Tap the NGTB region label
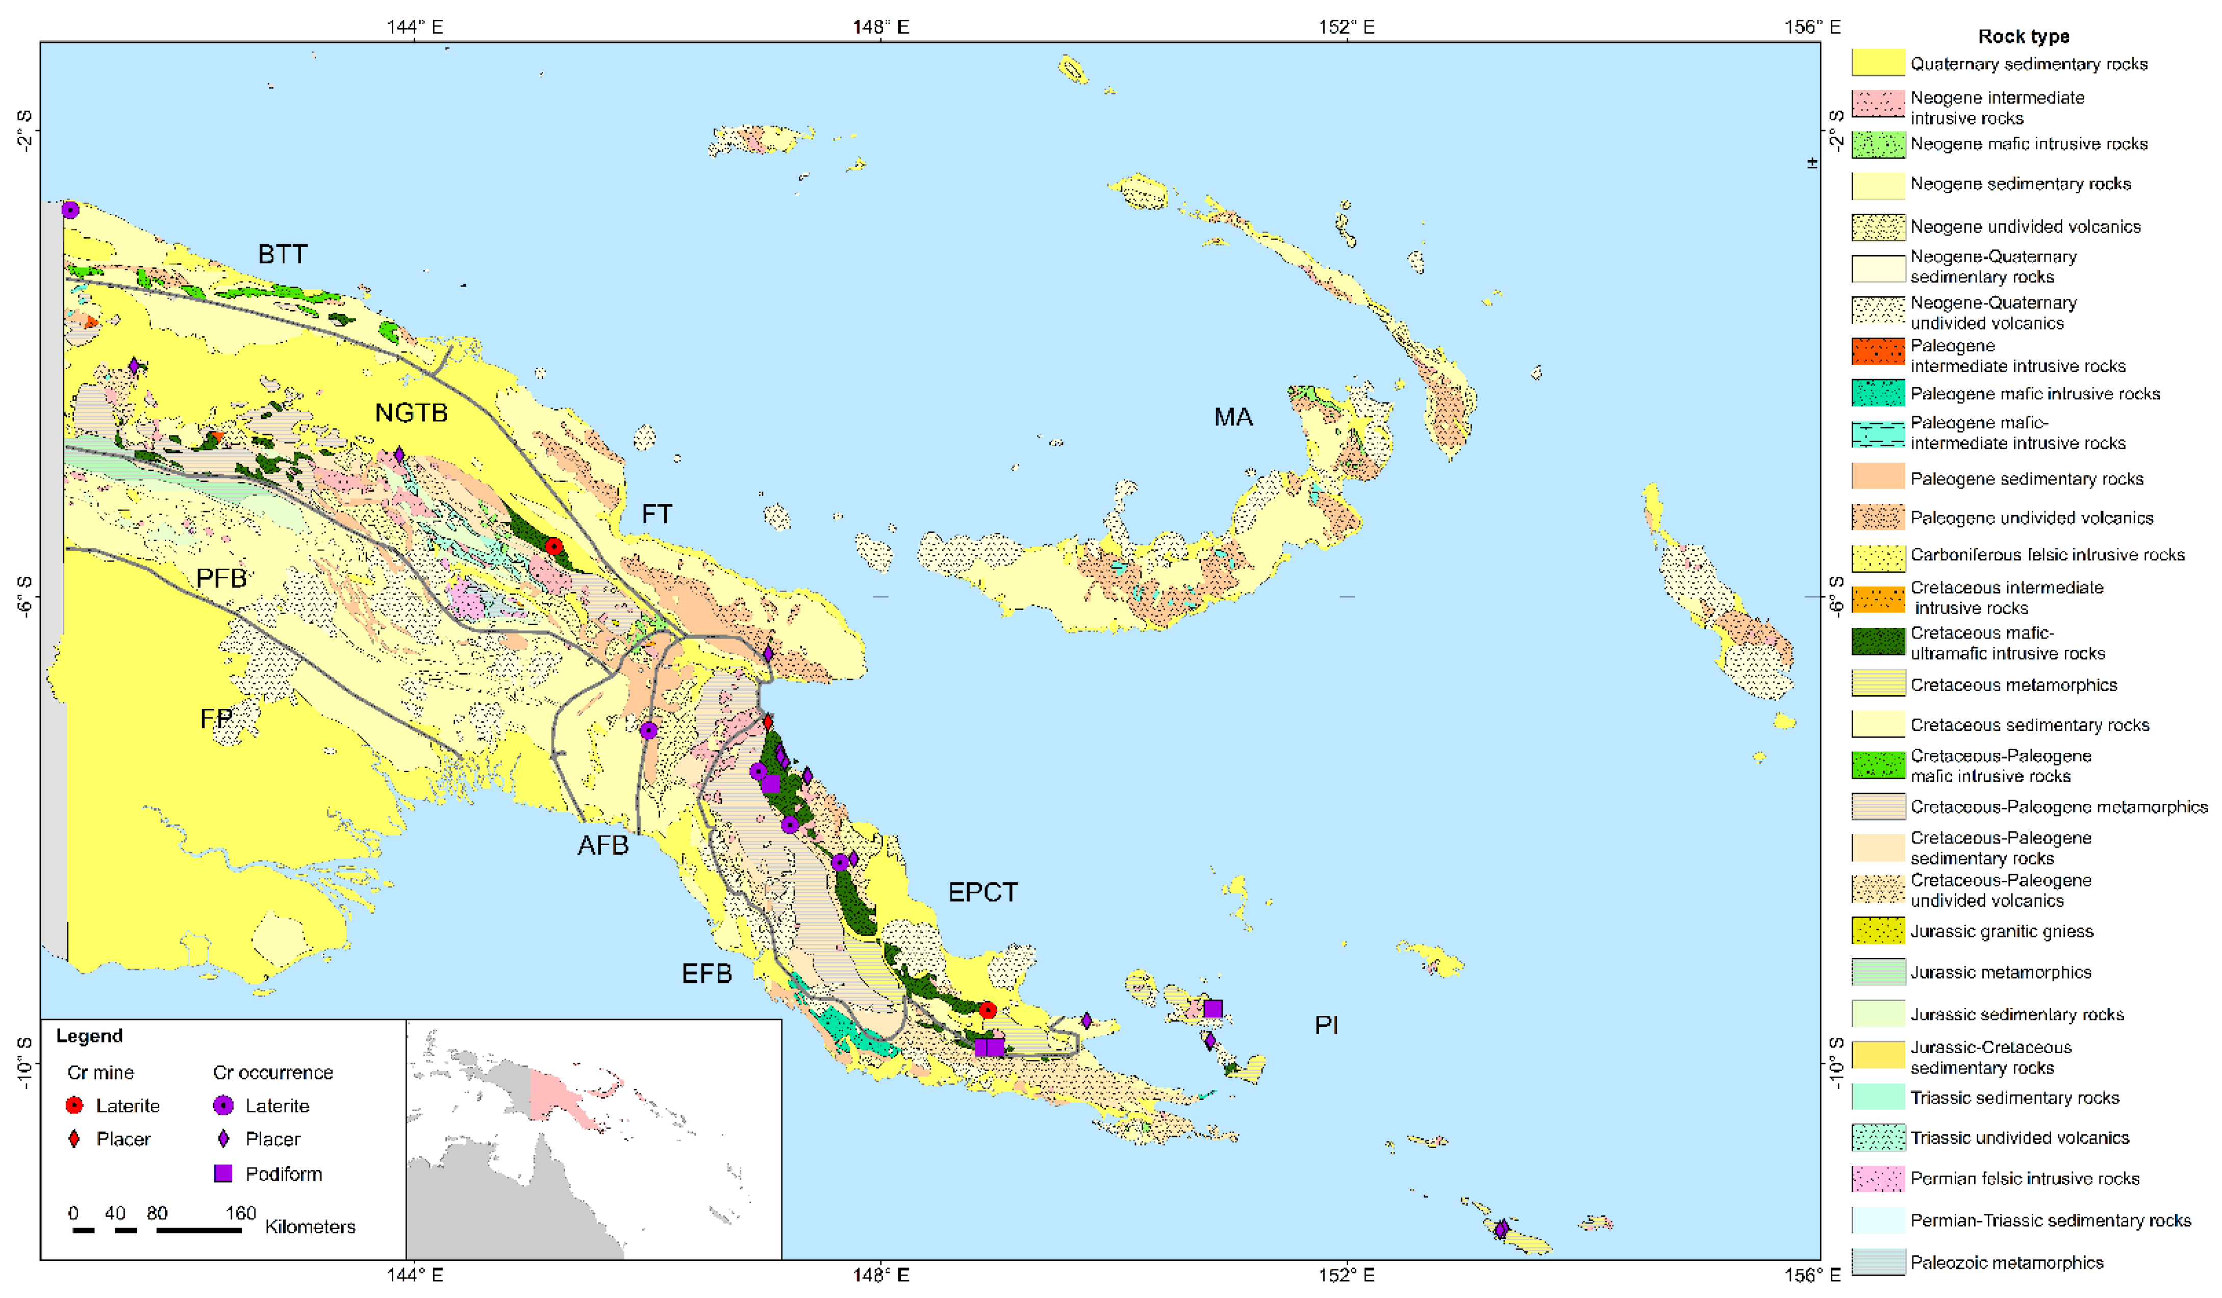411,413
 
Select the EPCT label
982,893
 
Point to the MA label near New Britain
1233,417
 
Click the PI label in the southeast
1326,1025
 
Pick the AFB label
603,846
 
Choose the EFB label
706,974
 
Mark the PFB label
220,578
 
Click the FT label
656,514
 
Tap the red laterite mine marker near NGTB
554,547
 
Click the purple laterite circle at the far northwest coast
70,210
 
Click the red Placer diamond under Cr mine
75,1139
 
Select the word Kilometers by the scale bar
310,1227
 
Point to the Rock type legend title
2023,36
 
